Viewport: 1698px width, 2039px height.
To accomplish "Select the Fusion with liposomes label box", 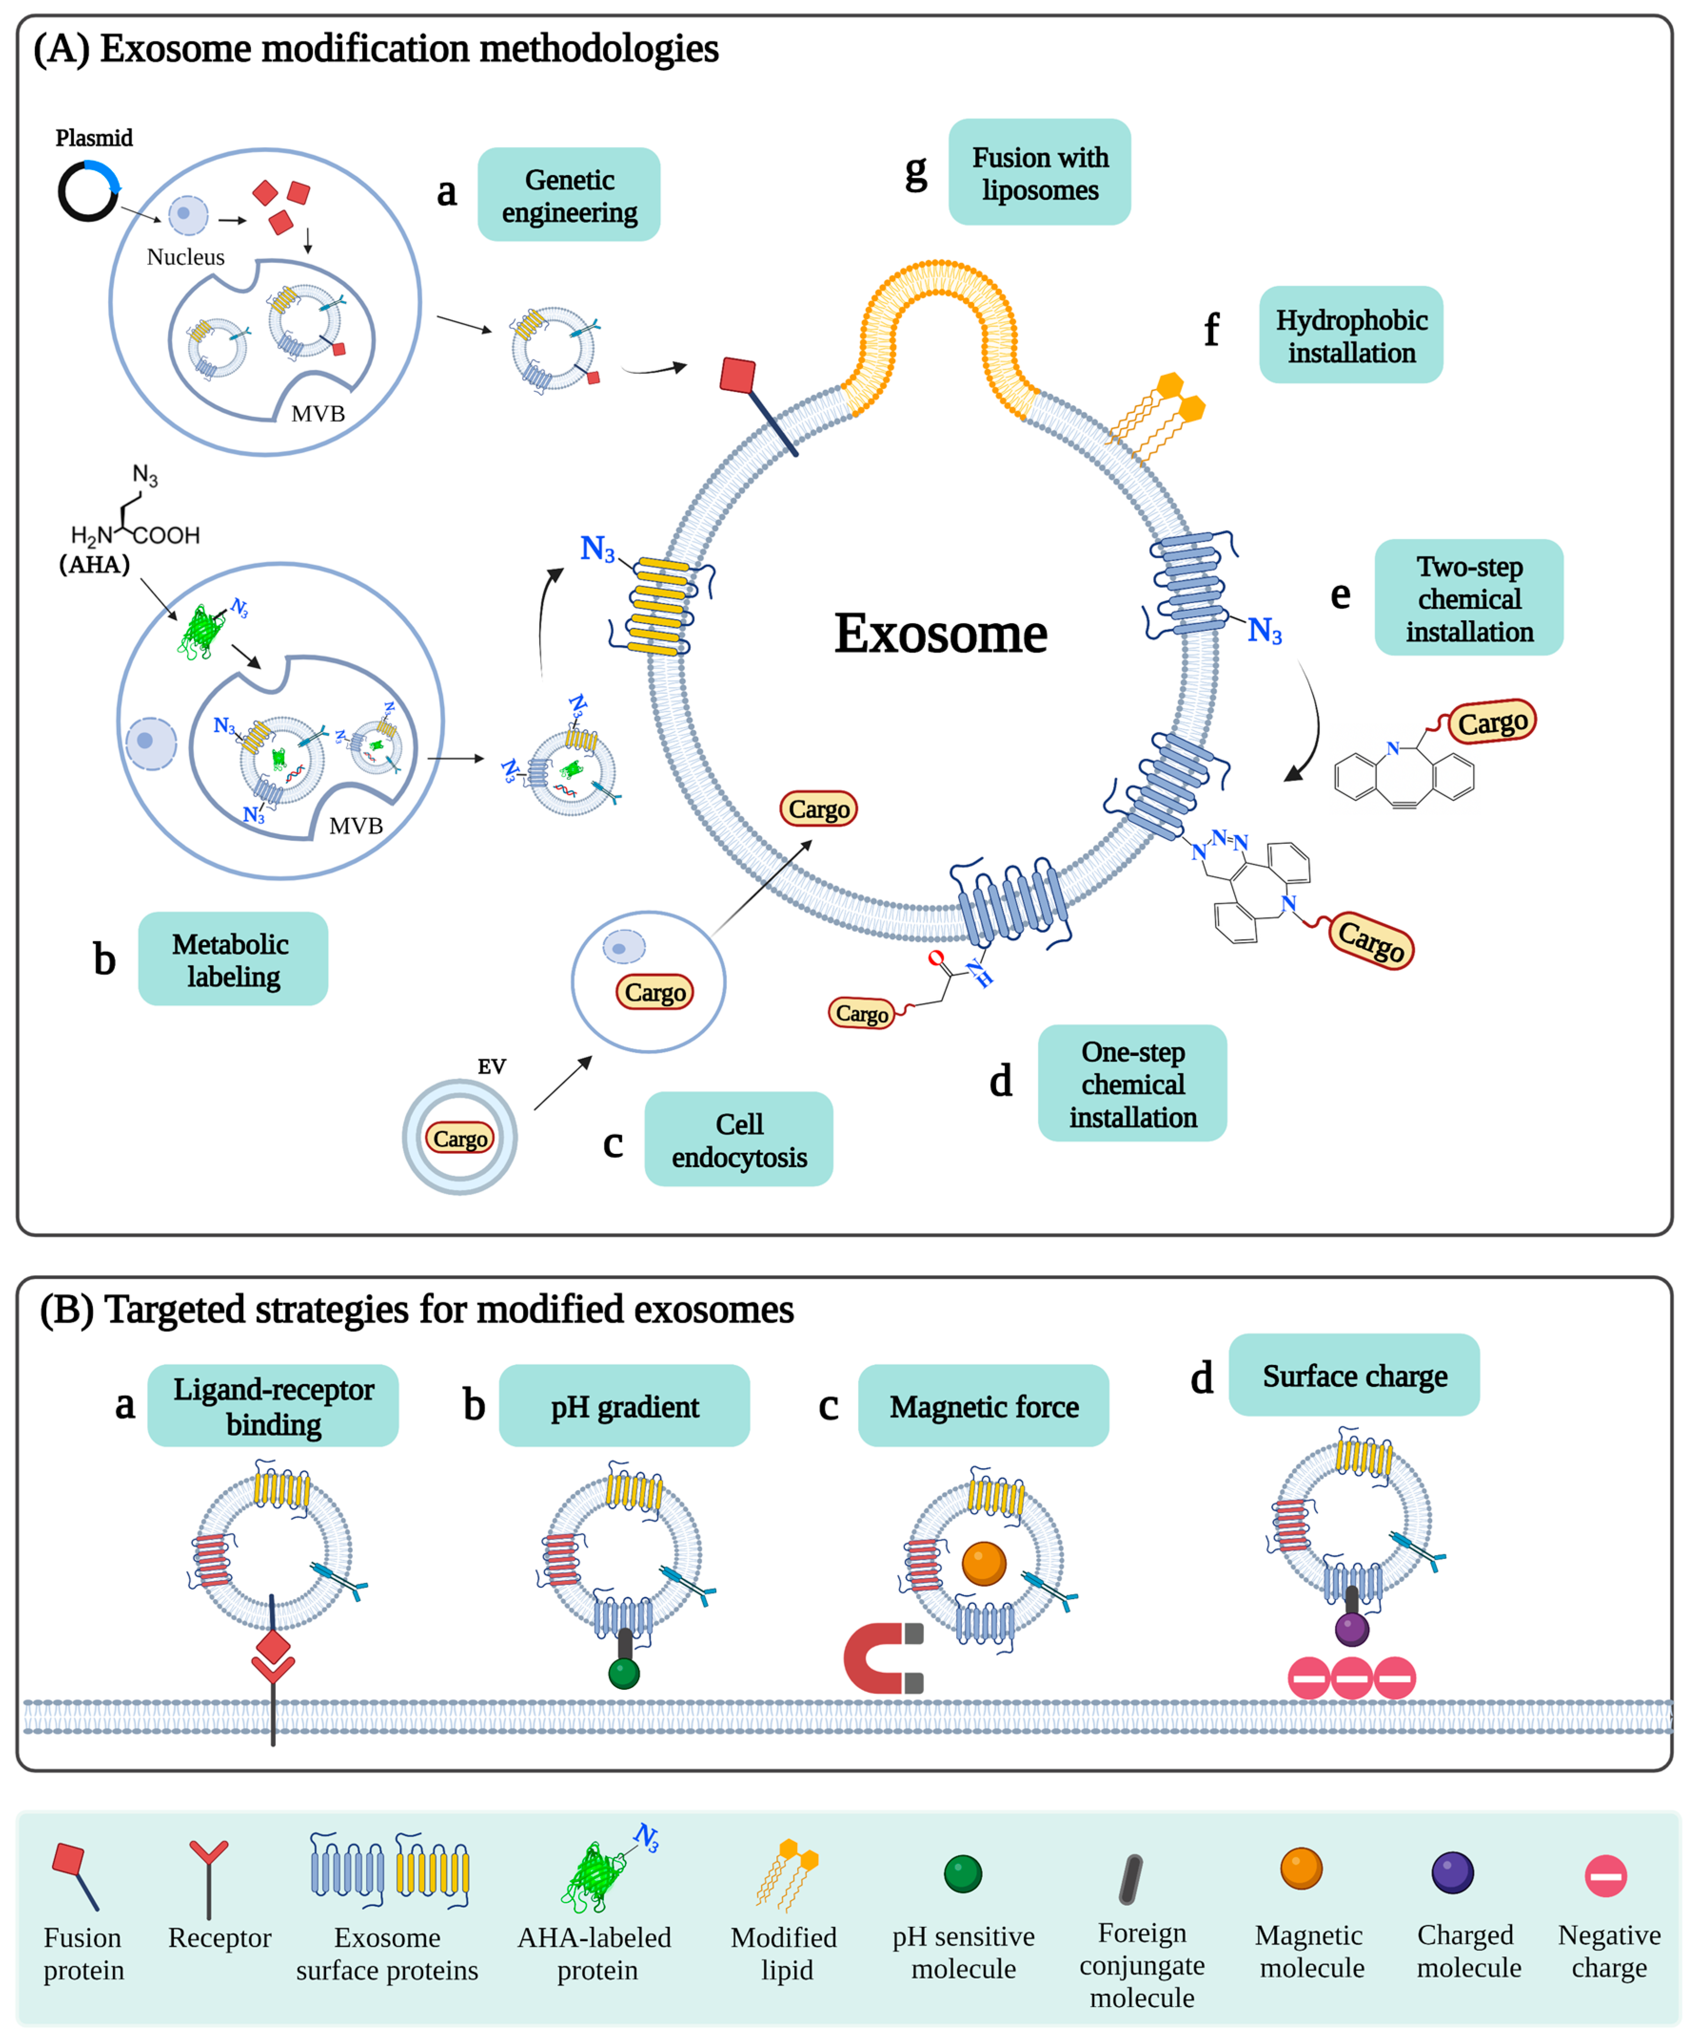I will click(x=1039, y=173).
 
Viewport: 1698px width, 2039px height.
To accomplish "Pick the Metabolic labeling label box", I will click(x=233, y=959).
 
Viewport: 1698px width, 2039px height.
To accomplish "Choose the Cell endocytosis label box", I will click(x=738, y=1140).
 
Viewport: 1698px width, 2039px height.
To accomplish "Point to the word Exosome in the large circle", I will click(x=940, y=634).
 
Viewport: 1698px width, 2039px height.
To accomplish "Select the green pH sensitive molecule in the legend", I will click(x=963, y=1874).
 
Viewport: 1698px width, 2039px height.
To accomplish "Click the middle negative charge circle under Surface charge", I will click(x=1351, y=1678).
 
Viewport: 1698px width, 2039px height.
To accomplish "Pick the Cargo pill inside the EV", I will click(x=459, y=1138).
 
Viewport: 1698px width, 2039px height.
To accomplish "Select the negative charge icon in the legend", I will click(x=1606, y=1876).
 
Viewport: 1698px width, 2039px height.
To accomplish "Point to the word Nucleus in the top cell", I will click(x=186, y=257).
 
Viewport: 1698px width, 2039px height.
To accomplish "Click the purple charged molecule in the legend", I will click(x=1452, y=1873).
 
